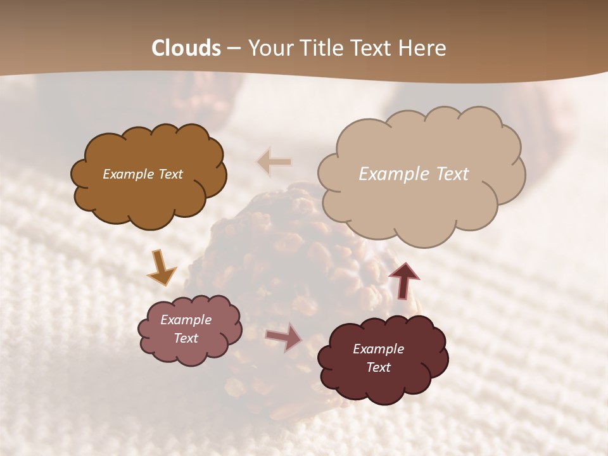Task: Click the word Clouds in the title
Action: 186,48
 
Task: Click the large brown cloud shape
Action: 149,196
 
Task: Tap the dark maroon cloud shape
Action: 383,386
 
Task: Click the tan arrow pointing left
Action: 274,162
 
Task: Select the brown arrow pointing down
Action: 161,268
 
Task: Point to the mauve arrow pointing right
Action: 284,338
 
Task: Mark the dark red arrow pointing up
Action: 403,279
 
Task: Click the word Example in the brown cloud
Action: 128,174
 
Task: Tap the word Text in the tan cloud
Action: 450,174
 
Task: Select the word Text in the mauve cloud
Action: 186,338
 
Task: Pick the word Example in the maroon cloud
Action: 378,349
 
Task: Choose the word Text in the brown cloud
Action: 170,174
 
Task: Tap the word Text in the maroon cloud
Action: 378,367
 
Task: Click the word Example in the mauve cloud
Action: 186,320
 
